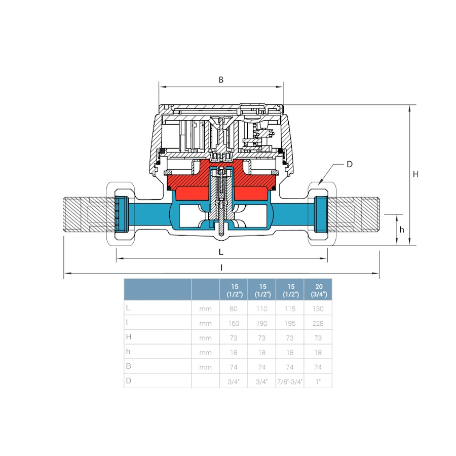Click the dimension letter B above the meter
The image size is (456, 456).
point(221,80)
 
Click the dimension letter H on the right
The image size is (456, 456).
point(415,174)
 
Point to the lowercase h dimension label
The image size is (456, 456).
point(402,230)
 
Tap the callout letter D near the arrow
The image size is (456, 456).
point(350,164)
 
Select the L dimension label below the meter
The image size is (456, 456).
point(221,252)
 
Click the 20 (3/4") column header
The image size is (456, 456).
point(319,290)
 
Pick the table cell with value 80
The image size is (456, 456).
point(234,309)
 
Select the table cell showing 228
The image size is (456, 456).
point(318,323)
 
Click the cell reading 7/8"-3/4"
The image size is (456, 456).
point(290,382)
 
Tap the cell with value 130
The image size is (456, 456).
point(318,309)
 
